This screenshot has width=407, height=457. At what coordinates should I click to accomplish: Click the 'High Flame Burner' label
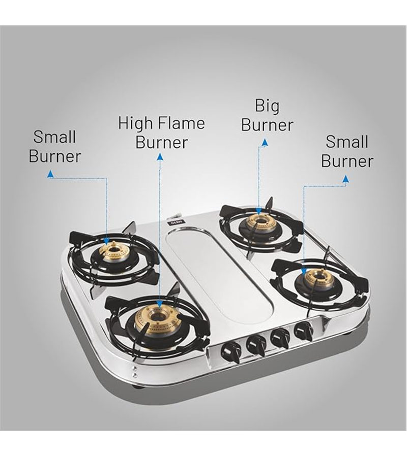point(161,133)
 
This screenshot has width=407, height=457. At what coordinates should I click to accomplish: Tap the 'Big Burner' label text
point(267,115)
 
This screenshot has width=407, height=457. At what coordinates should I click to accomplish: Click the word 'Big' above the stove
point(267,107)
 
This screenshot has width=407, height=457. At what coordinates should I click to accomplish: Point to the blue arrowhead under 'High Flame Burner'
point(160,157)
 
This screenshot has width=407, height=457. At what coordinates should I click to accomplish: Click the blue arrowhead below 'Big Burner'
point(265,143)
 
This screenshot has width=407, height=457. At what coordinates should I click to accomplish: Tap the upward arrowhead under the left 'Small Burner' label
point(51,174)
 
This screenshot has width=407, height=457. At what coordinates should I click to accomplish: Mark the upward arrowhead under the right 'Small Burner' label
point(345,179)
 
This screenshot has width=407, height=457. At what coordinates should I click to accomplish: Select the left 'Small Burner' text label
point(54,147)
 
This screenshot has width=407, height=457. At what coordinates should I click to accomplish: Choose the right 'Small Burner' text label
point(347,151)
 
